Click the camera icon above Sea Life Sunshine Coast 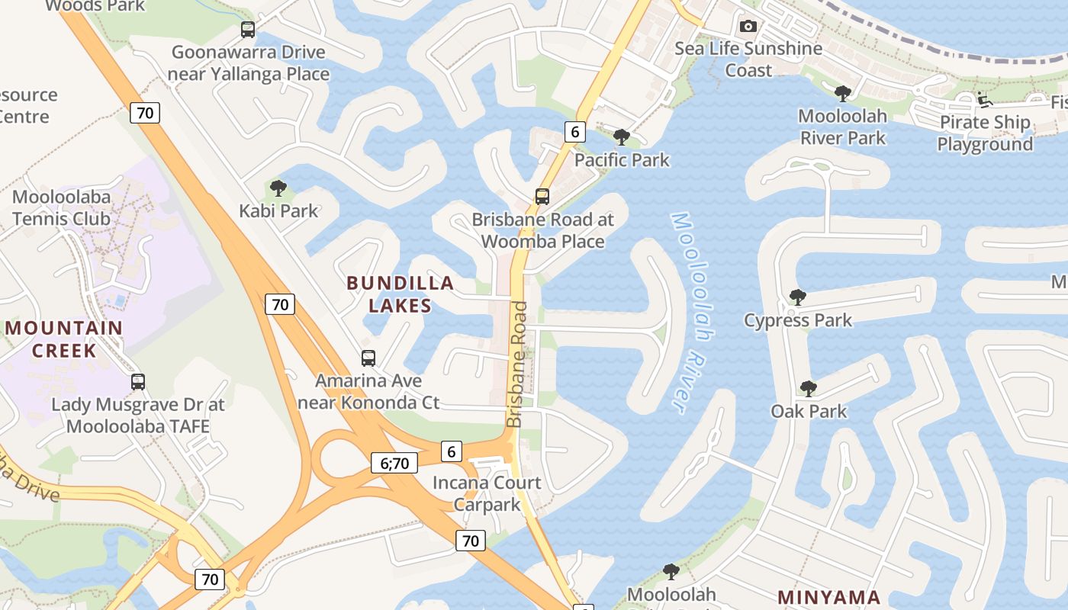pos(748,27)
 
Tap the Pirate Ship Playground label pos(985,133)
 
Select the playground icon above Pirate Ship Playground pos(983,99)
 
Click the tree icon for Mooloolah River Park pos(842,94)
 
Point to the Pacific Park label pos(622,160)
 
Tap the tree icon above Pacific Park pos(622,137)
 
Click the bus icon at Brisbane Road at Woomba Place pos(542,196)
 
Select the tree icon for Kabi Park pos(278,188)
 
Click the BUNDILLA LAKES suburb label pos(400,294)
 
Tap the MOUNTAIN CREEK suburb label pos(64,339)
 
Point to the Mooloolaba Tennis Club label pos(62,207)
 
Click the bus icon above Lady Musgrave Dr pos(138,381)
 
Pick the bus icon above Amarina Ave pos(368,358)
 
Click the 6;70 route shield pos(394,463)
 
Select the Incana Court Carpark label pos(487,493)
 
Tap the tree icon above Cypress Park pos(798,297)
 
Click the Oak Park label pos(809,412)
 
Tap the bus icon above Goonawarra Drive pos(248,30)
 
